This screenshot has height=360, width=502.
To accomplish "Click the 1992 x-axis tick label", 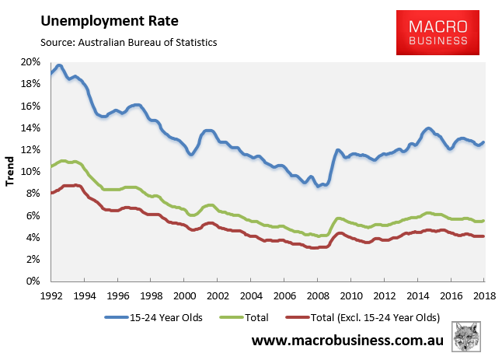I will coord(51,295).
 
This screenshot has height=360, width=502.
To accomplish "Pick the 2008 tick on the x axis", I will coord(318,295).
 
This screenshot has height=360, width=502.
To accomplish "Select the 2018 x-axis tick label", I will coord(485,295).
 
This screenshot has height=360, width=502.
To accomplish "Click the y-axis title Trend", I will coord(10,172).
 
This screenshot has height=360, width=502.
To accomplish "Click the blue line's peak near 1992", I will coord(59,65).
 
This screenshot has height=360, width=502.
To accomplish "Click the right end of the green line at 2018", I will coord(484,221).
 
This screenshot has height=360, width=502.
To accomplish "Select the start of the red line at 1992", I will coord(51,193).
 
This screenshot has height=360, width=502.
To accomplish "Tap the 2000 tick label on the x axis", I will coord(184,295).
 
